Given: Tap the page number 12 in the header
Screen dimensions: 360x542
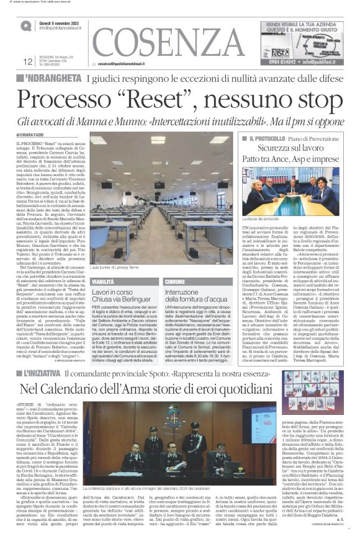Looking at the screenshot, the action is coord(27,61).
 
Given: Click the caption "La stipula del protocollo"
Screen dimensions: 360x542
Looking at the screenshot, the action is coord(262,220).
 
